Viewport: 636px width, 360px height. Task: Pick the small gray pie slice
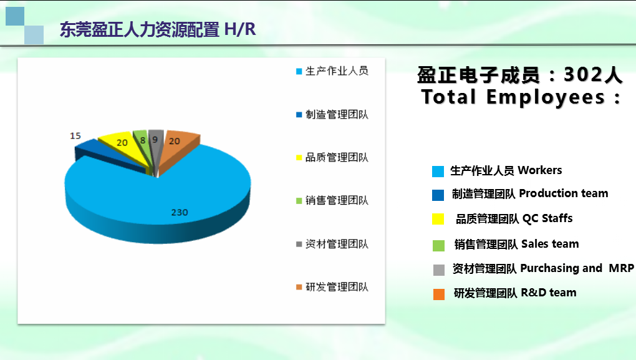point(156,144)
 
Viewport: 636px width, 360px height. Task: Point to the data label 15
point(75,135)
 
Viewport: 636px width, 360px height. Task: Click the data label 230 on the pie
point(180,212)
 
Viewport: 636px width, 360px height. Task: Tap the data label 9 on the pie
point(155,140)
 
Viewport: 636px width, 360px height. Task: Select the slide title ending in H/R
point(158,29)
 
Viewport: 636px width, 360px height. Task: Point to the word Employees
point(545,97)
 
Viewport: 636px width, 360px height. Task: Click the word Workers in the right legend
point(540,170)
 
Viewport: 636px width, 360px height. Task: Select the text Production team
point(564,193)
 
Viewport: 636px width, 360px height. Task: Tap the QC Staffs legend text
point(547,218)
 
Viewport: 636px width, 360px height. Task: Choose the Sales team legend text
point(550,243)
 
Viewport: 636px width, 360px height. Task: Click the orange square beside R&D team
point(439,294)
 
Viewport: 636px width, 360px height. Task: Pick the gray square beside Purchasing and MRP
point(439,270)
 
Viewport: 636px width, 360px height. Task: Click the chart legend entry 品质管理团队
point(332,157)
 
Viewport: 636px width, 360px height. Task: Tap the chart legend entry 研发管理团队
point(332,287)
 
